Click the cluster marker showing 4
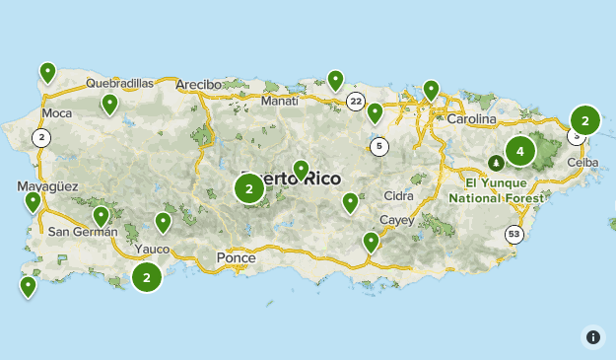click(519, 152)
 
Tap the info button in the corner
click(593, 336)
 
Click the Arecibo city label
click(198, 85)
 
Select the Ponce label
click(235, 258)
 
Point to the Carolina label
click(471, 119)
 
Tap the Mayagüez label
click(47, 186)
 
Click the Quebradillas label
click(120, 84)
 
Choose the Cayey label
click(399, 220)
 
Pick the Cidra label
click(399, 195)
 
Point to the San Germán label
click(83, 233)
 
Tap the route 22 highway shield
click(356, 102)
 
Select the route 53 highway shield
click(513, 234)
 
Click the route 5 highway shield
click(379, 147)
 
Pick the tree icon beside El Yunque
click(496, 163)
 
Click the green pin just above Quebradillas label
click(47, 72)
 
